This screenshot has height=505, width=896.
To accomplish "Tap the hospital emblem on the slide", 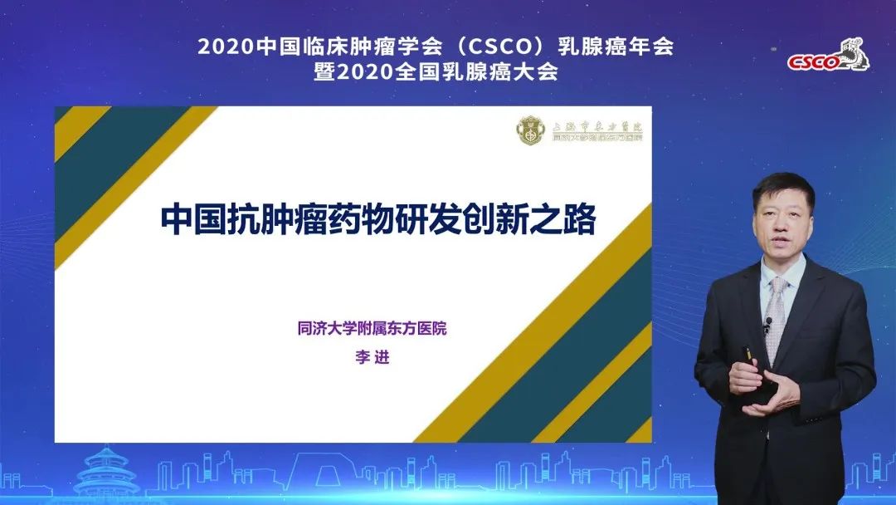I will click(529, 130).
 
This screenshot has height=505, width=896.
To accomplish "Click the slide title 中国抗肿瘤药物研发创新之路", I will click(378, 220).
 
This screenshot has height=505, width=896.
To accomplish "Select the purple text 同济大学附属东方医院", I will click(372, 328).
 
